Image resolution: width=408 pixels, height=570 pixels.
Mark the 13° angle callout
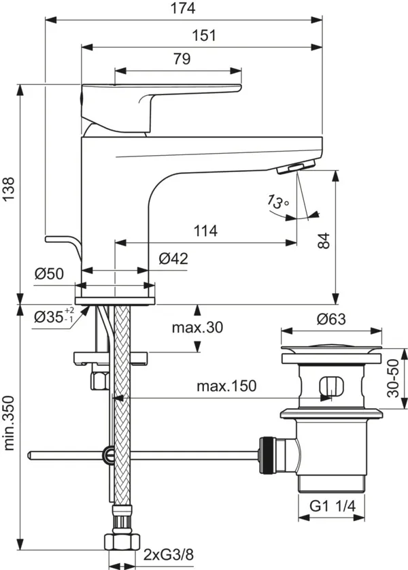tap(277, 202)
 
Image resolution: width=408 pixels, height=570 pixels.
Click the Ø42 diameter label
tap(173, 258)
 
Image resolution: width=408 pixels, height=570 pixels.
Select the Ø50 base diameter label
tap(48, 274)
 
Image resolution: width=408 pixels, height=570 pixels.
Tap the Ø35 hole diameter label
tap(54, 317)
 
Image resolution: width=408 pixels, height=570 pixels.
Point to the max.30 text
tap(197, 328)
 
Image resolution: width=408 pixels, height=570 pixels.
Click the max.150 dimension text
tap(226, 386)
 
